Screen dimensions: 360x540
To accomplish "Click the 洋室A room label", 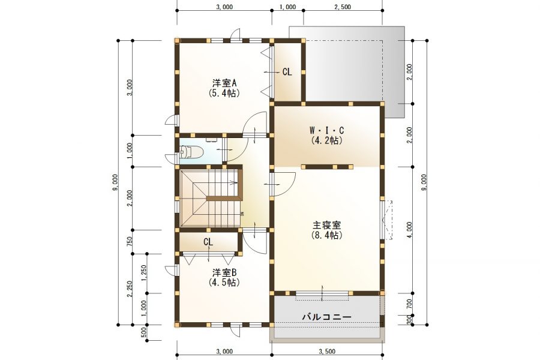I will [x=224, y=83].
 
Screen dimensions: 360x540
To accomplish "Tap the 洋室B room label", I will [x=224, y=272].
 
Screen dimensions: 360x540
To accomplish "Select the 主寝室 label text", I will [x=326, y=226].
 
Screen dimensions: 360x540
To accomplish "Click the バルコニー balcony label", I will [x=326, y=316].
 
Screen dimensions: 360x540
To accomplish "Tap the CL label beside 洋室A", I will [x=287, y=72].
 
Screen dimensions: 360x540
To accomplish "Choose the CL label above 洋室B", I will [x=208, y=242].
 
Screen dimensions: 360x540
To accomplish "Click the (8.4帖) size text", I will [x=326, y=236].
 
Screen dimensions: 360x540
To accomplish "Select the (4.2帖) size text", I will [x=326, y=141].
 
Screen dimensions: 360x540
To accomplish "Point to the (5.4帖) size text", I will [x=224, y=93].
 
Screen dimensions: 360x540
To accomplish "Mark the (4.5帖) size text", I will [x=224, y=282].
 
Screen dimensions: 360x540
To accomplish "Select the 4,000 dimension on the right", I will [x=409, y=230].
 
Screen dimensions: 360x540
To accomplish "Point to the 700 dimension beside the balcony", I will [x=409, y=304].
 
